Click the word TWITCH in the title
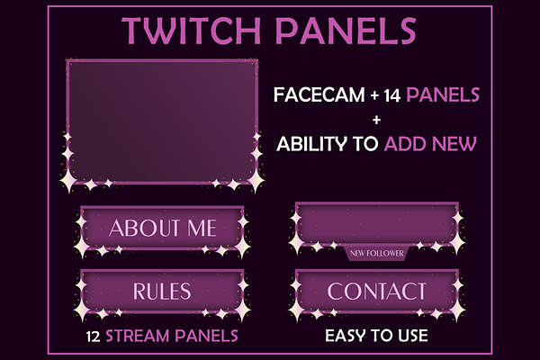(x=191, y=31)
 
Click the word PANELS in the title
(x=346, y=31)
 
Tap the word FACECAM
(x=319, y=94)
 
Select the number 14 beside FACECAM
(x=391, y=95)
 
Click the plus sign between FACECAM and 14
(x=374, y=95)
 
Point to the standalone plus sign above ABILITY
(x=376, y=120)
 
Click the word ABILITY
(x=311, y=144)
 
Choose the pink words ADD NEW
(x=430, y=144)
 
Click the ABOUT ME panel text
(x=163, y=228)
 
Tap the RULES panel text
(x=162, y=291)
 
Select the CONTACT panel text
(x=376, y=291)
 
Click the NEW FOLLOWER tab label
(x=376, y=254)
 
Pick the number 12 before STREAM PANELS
(x=93, y=337)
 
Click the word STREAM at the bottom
(x=138, y=336)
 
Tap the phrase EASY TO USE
(x=376, y=336)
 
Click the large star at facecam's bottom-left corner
(x=68, y=180)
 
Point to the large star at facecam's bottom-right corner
(x=256, y=180)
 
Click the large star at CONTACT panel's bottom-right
(x=457, y=310)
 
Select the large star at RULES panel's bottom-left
(x=82, y=310)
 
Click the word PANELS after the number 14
(x=443, y=94)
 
